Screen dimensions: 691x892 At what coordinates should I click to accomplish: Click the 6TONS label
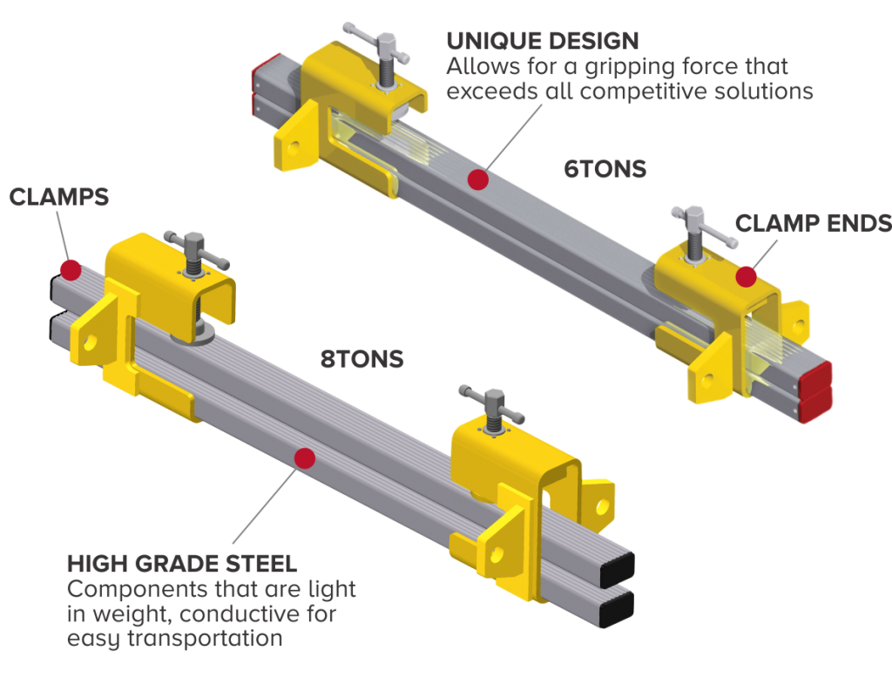pyautogui.click(x=605, y=168)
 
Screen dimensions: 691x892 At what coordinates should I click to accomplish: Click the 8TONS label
pyautogui.click(x=362, y=359)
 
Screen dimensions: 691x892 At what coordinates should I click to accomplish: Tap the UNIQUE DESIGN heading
pyautogui.click(x=542, y=40)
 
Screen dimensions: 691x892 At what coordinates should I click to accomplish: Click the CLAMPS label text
pyautogui.click(x=58, y=197)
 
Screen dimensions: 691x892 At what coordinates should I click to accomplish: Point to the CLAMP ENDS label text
pyautogui.click(x=813, y=223)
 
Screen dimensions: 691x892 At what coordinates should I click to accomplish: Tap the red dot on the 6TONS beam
pyautogui.click(x=476, y=180)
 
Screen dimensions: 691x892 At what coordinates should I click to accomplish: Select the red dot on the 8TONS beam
pyautogui.click(x=304, y=457)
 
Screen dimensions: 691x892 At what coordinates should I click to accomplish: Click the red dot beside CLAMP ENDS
pyautogui.click(x=746, y=276)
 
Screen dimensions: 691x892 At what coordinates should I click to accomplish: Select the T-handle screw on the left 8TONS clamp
pyautogui.click(x=195, y=254)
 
